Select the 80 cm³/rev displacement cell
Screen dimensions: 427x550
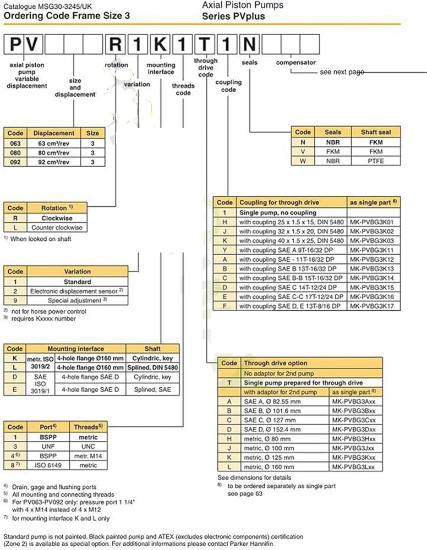pos(54,153)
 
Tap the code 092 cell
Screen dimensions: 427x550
pos(15,162)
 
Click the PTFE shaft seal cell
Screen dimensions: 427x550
pos(376,161)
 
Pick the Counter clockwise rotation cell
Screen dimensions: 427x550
pos(57,227)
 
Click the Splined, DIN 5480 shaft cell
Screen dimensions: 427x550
pos(152,367)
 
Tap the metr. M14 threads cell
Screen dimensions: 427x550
pos(88,456)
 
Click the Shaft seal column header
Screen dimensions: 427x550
pos(376,132)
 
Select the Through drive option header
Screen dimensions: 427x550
pos(276,363)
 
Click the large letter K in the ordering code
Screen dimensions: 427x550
pos(160,44)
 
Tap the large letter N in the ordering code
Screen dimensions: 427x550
pos(249,44)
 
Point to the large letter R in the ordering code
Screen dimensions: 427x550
pos(116,44)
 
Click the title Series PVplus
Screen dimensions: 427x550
pos(233,16)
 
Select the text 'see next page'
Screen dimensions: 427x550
pos(342,72)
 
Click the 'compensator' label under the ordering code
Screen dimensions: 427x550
pos(296,63)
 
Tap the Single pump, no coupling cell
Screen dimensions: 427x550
pos(278,212)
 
